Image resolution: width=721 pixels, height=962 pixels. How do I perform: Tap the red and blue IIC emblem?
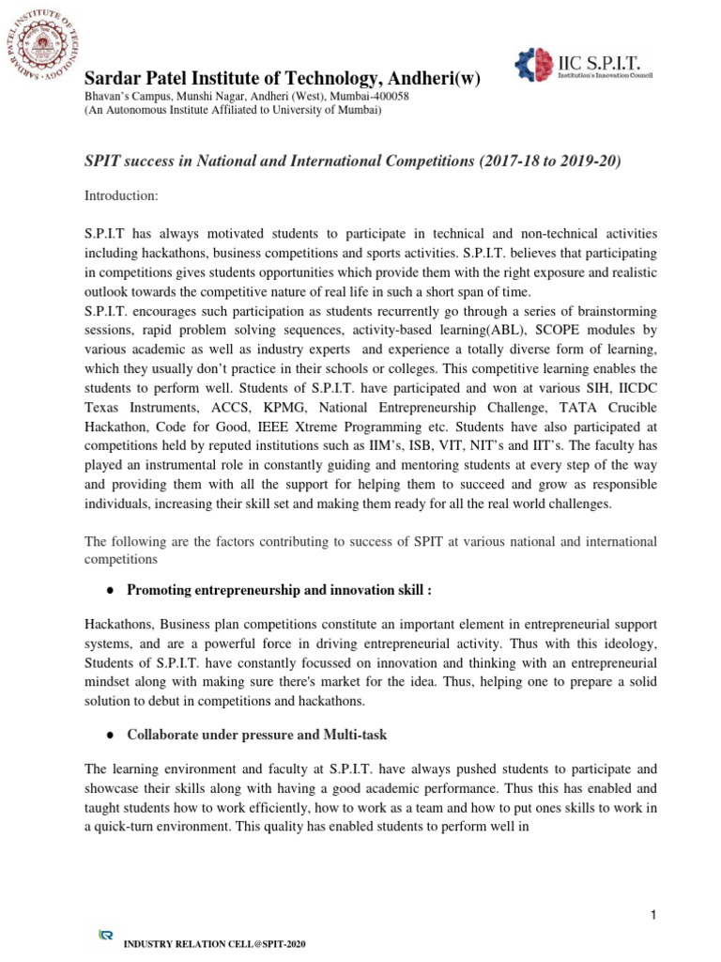pos(536,65)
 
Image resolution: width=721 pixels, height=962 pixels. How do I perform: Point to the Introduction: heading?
pos(122,195)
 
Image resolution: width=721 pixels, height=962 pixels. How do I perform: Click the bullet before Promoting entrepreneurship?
pos(110,590)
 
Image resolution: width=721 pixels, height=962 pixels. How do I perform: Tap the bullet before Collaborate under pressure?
pos(110,734)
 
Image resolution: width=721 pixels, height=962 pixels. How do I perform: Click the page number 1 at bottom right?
pos(651,915)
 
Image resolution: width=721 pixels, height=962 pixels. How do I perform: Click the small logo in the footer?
pos(106,935)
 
